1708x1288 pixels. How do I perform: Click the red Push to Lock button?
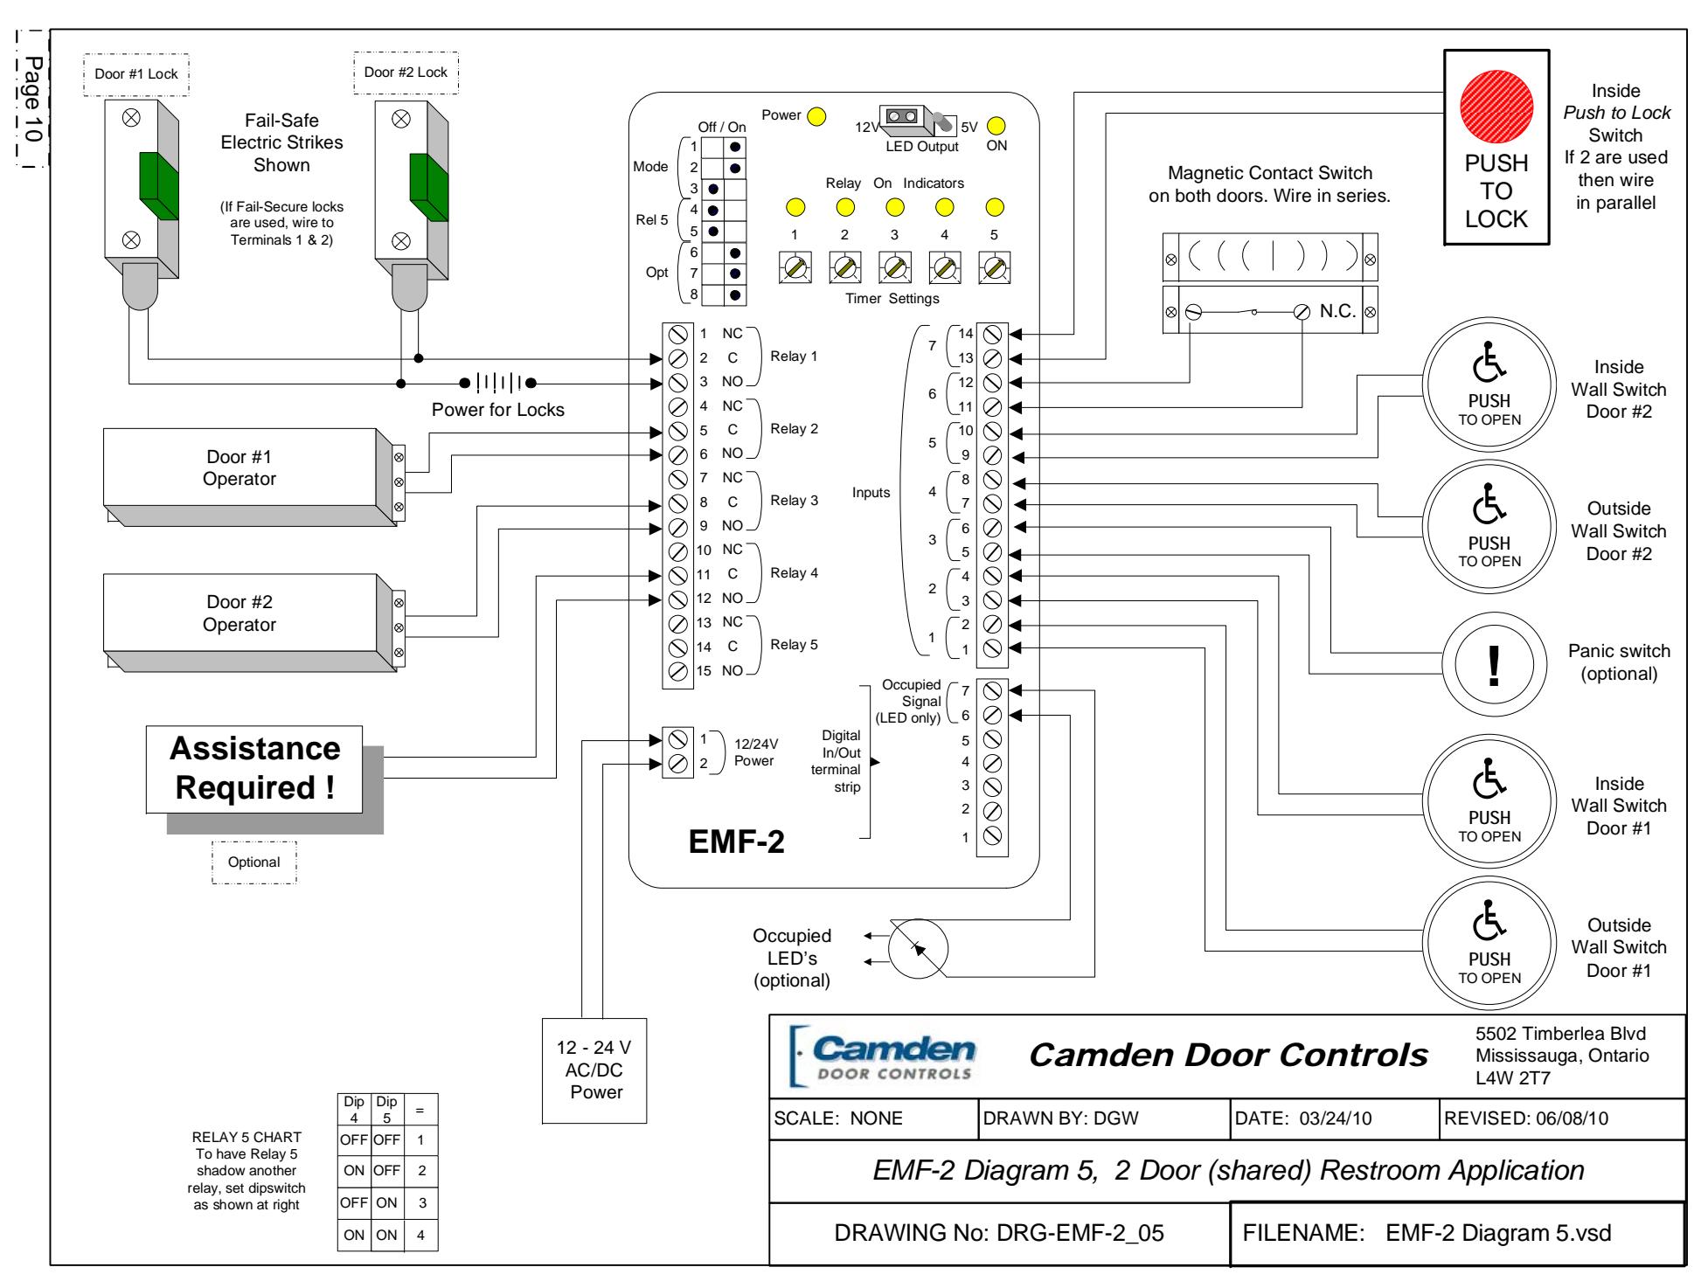[1496, 108]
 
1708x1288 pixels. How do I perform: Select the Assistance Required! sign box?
[253, 769]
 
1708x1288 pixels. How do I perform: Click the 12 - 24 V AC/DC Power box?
[595, 1070]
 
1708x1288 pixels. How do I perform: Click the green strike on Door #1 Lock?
[158, 185]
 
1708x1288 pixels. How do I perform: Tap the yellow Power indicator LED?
[816, 115]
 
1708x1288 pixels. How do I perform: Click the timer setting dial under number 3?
[894, 267]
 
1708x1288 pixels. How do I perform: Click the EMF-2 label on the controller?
[737, 841]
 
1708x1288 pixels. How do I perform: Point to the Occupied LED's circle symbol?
[918, 949]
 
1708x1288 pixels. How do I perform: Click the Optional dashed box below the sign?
[254, 862]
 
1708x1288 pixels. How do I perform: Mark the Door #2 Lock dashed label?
[406, 73]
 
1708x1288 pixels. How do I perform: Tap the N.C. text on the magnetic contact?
[1337, 311]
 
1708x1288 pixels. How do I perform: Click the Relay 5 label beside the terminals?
[794, 645]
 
